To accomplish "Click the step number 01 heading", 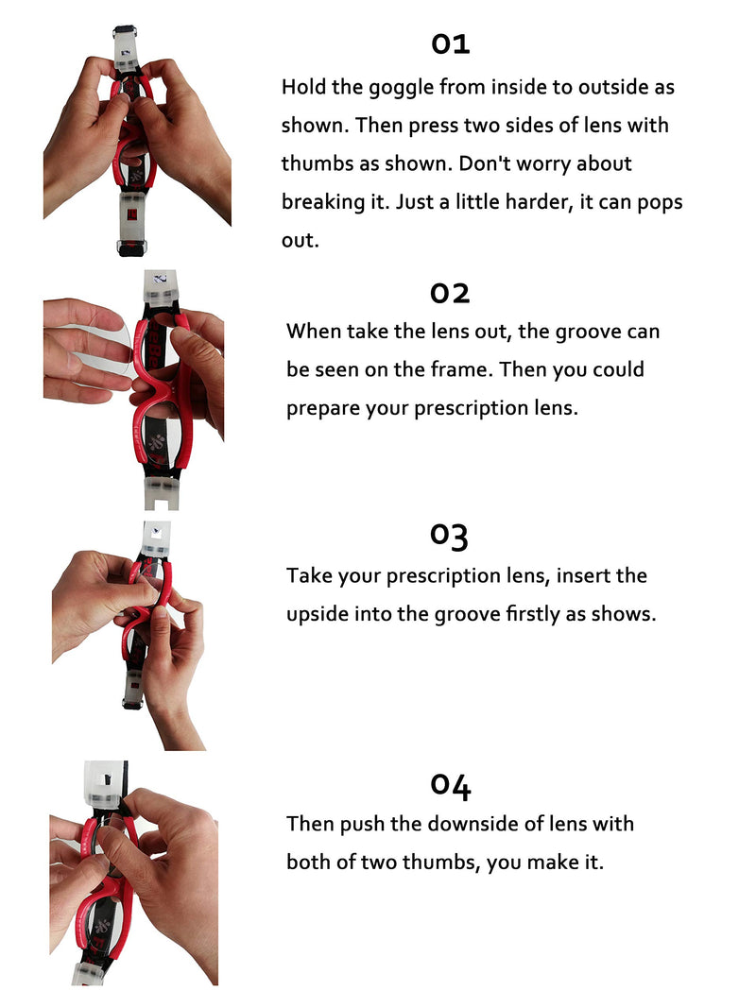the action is tap(451, 44).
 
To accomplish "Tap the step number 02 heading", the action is tap(450, 294).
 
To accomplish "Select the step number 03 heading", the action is tap(450, 537).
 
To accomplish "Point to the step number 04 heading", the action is tap(451, 786).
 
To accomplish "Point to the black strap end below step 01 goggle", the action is tap(131, 247).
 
